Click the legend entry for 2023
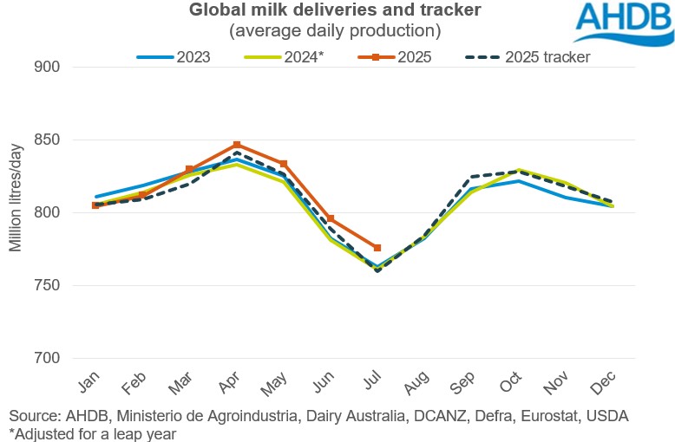[x=177, y=57]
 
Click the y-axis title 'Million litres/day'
[x=16, y=196]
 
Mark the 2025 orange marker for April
[x=237, y=146]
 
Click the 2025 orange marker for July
[x=377, y=248]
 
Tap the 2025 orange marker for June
[x=331, y=219]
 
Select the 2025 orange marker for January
[x=95, y=205]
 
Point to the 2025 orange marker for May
[x=284, y=164]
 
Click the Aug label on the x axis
[x=420, y=385]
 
